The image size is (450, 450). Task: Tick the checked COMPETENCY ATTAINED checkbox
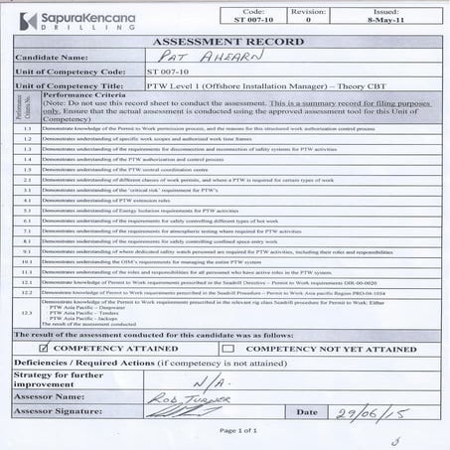43,349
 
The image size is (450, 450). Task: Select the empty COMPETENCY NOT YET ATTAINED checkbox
229,349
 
